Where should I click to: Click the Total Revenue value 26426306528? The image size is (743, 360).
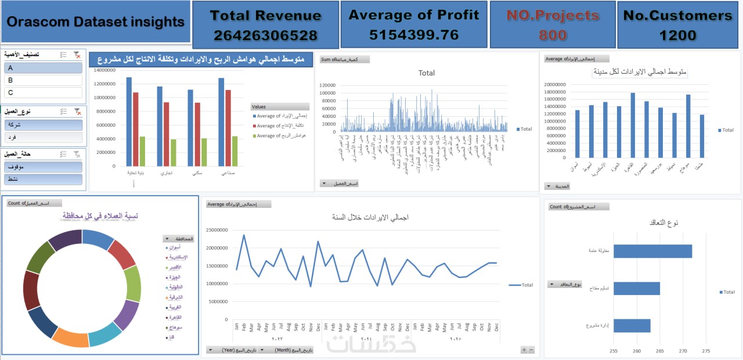265,35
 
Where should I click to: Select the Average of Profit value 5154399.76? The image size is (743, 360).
414,35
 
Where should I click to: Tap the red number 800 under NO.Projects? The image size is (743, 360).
553,35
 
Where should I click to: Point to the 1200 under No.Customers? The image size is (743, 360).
677,35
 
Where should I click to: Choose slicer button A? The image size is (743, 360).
43,68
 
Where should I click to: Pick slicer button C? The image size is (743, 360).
43,93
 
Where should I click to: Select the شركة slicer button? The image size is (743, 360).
43,125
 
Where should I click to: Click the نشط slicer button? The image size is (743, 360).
43,180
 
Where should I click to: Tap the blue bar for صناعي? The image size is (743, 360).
221,122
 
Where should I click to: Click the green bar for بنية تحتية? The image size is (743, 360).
142,152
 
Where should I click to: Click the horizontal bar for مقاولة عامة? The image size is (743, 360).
652,251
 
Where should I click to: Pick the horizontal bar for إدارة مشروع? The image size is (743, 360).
632,326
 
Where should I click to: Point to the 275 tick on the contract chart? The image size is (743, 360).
706,351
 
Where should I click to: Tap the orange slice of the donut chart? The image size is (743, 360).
70,338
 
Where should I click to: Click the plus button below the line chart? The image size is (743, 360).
524,350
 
